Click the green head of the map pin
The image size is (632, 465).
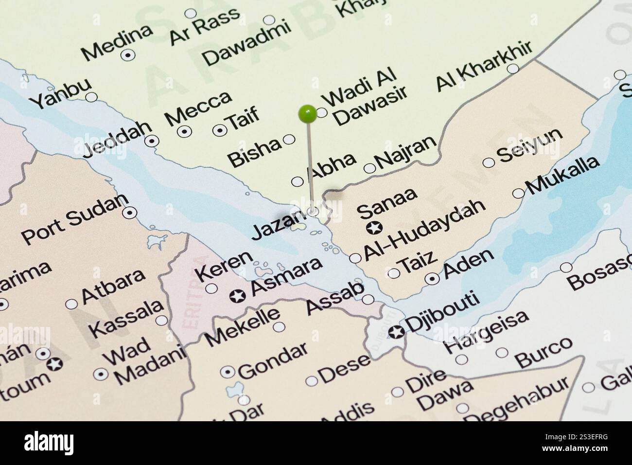307,113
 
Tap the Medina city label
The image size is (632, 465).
117,42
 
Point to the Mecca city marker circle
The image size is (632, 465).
184,130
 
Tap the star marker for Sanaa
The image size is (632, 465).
374,227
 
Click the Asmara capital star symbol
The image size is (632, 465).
238,295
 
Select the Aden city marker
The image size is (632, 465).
432,279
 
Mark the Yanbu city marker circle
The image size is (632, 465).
90,97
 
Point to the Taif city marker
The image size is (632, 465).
220,129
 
